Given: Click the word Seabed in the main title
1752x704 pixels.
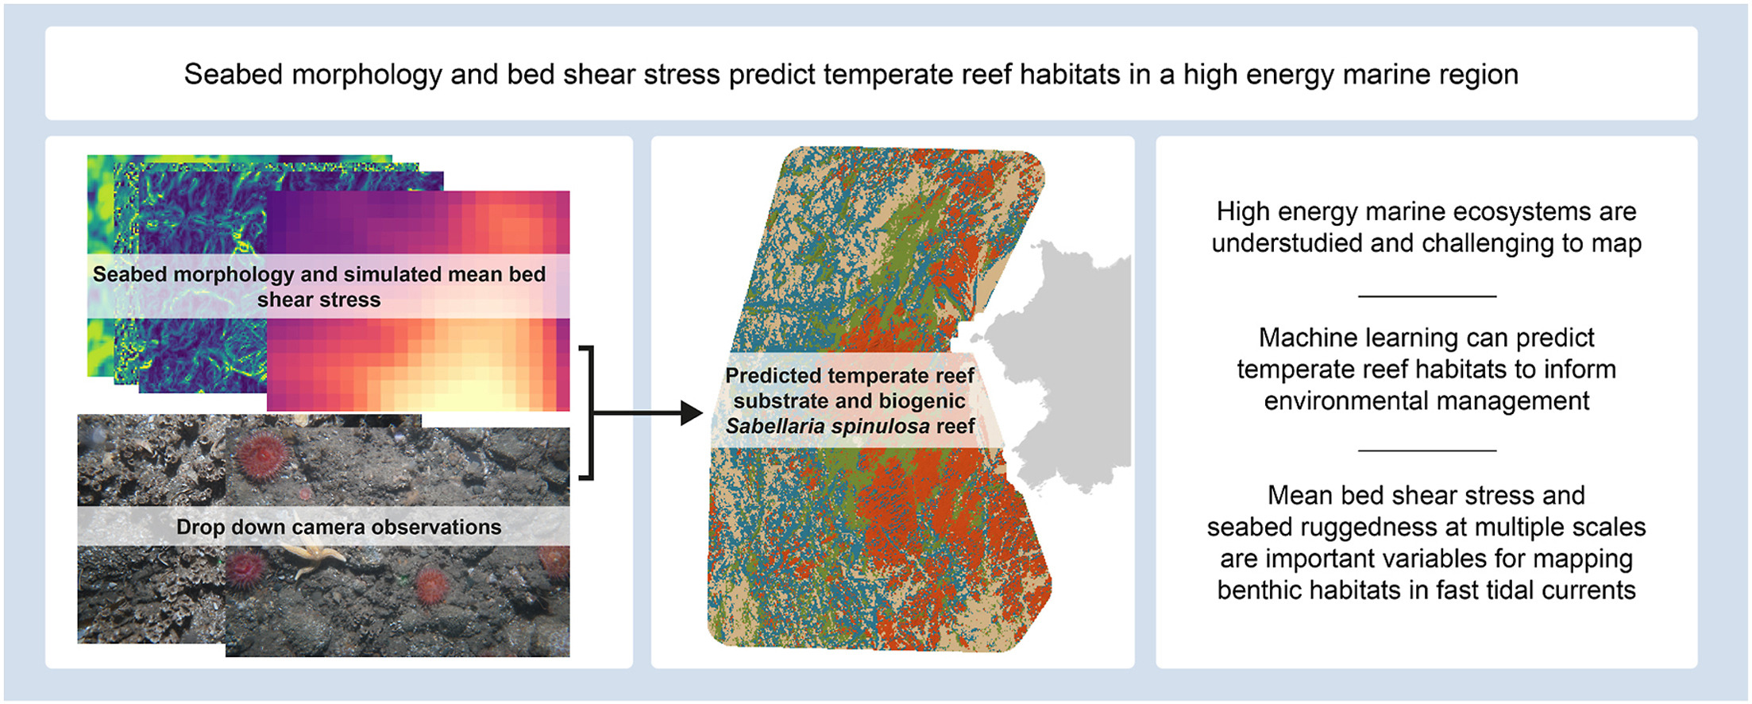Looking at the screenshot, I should click(233, 75).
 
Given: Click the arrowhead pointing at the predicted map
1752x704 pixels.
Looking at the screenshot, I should click(691, 413).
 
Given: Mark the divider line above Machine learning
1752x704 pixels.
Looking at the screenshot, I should click(1426, 296).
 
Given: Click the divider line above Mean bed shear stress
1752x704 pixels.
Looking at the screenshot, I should click(1426, 451).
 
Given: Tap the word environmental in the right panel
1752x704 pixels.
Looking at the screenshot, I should click(1354, 401).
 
